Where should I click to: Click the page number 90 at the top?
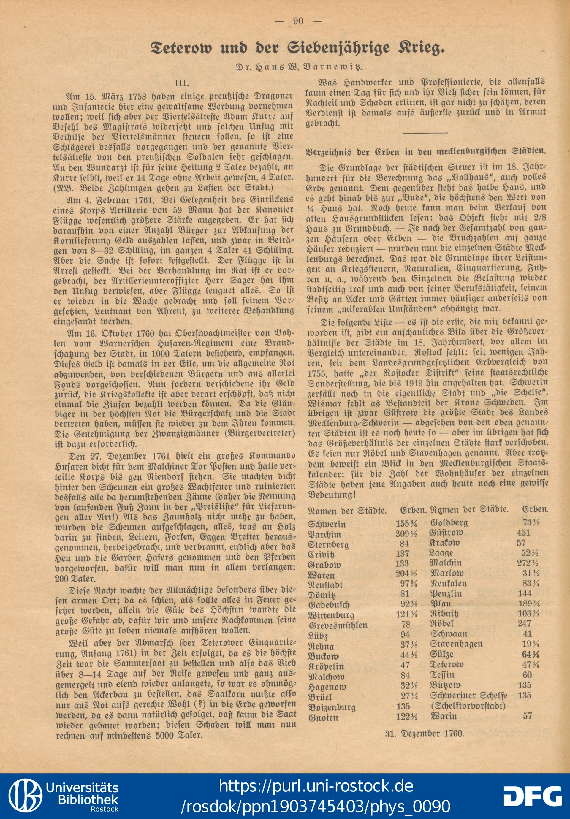point(298,21)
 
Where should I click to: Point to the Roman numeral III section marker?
point(182,83)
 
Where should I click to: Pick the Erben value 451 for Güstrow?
point(524,533)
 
